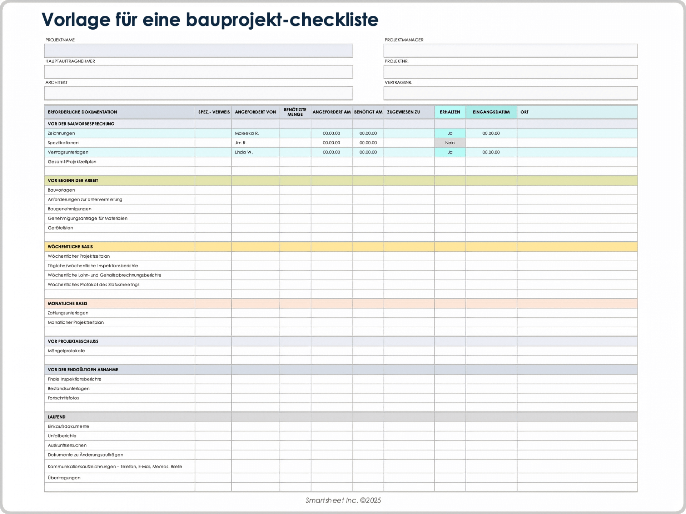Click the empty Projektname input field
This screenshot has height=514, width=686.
point(198,51)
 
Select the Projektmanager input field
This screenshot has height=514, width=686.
point(510,51)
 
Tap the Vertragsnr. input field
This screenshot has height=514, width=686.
point(510,93)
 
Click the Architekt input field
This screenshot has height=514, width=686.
point(198,93)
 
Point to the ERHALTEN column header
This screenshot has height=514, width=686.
point(450,112)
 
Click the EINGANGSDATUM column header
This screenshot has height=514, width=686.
point(491,112)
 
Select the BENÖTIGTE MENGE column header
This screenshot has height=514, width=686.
point(295,112)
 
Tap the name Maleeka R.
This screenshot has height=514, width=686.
point(247,133)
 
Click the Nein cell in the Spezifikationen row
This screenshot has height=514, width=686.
point(450,143)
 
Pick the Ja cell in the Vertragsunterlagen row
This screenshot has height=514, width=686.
point(450,152)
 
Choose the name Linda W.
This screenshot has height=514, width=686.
point(244,152)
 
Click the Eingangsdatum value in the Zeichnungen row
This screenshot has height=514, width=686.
point(491,133)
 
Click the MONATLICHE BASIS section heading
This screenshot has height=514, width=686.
point(68,303)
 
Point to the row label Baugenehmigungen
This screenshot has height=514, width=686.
point(70,209)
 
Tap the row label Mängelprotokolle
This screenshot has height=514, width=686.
point(66,351)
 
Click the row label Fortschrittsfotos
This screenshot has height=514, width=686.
point(64,398)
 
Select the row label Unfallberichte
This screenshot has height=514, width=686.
point(62,436)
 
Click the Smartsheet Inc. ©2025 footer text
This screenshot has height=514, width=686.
point(343,500)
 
